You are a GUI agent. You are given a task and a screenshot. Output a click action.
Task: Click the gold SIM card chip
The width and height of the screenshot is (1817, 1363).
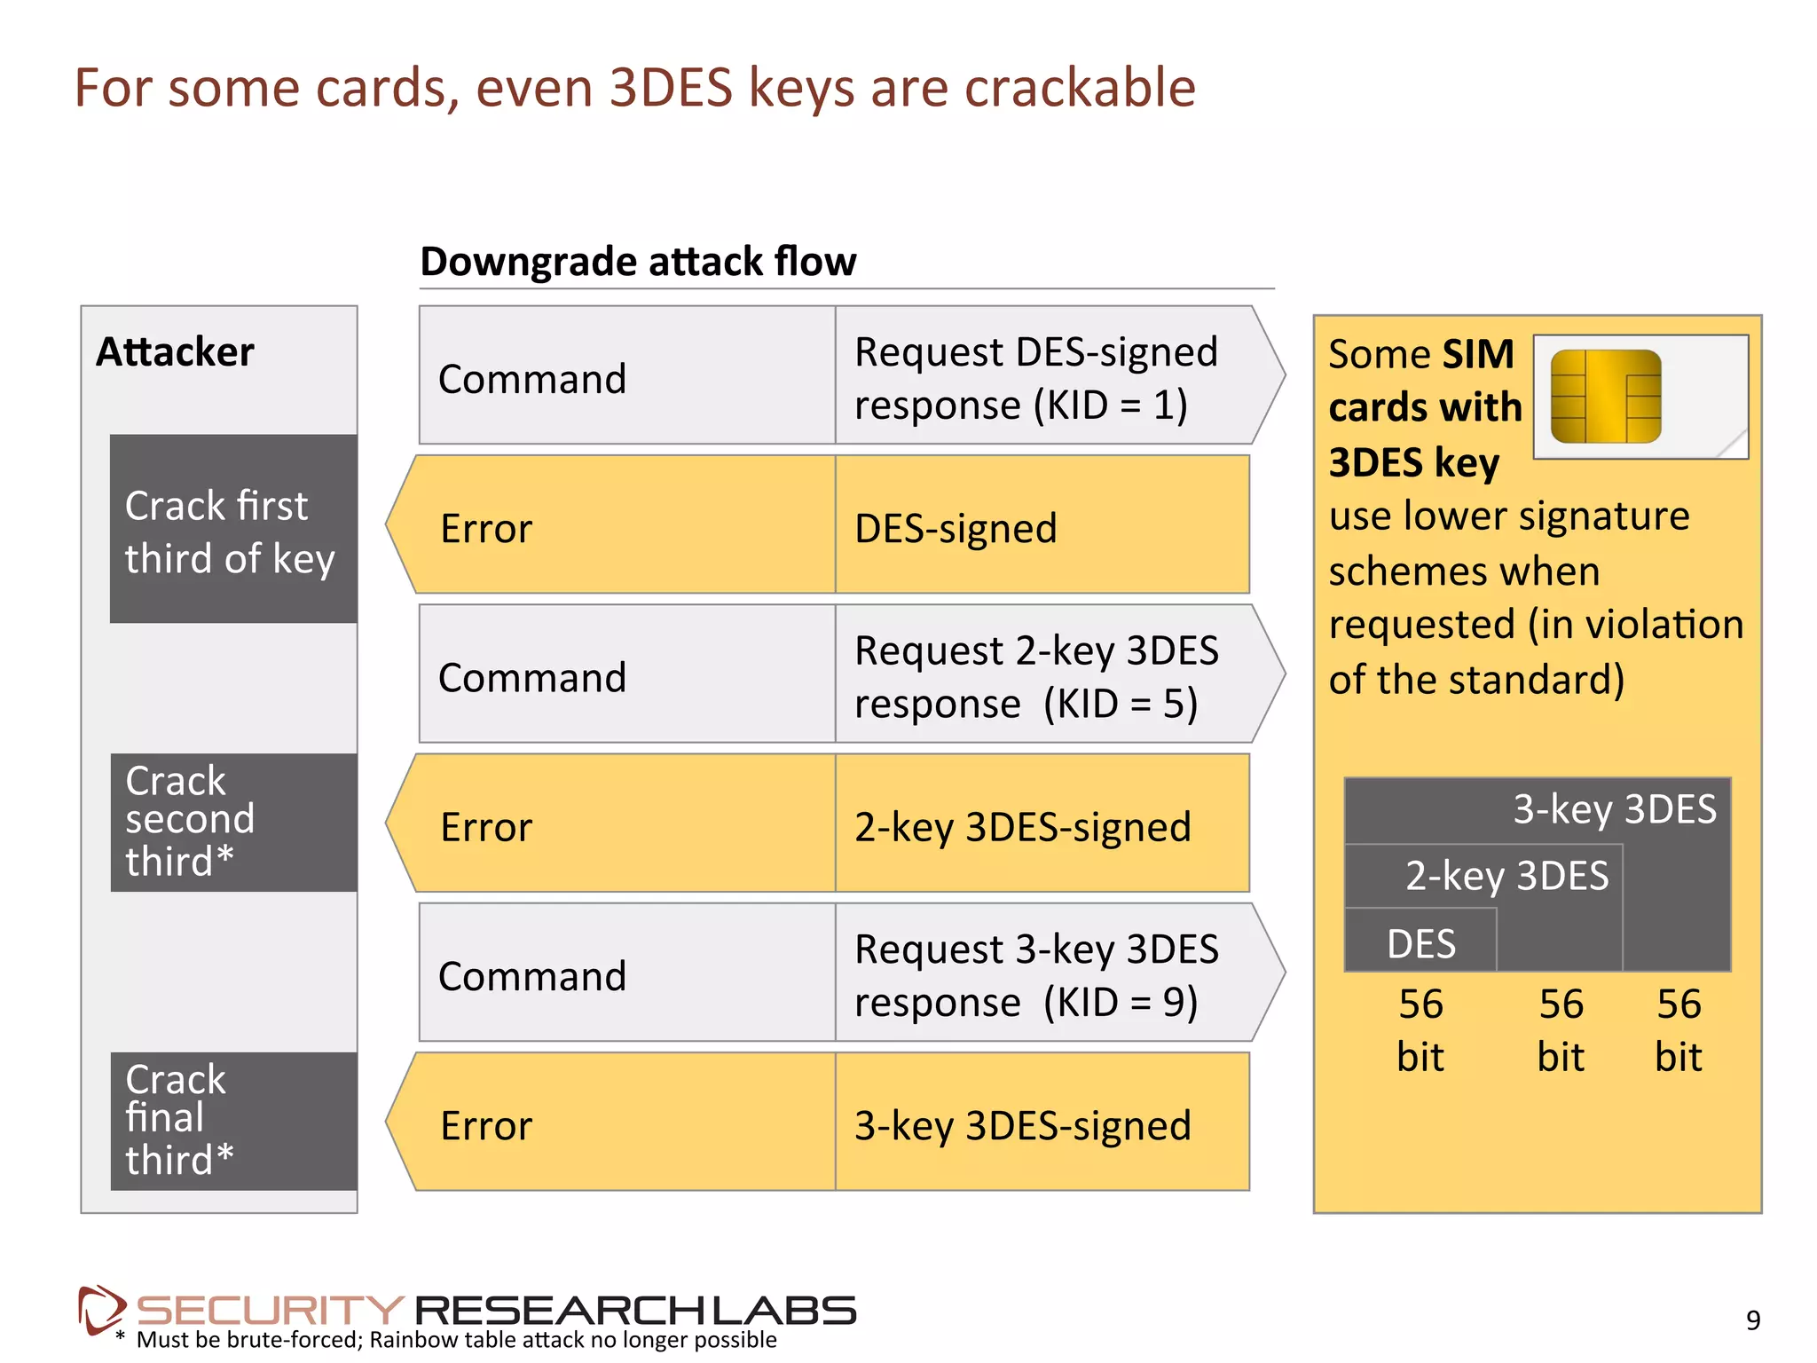pos(1605,396)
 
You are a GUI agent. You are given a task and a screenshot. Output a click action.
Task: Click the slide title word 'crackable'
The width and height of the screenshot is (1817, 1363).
pos(1080,88)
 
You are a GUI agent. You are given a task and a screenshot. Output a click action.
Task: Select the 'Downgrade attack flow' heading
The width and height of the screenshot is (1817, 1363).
pos(638,262)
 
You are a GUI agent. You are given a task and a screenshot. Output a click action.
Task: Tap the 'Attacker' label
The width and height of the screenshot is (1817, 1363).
pos(175,352)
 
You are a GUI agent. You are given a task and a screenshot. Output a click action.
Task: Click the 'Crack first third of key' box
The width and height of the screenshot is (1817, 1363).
pos(232,530)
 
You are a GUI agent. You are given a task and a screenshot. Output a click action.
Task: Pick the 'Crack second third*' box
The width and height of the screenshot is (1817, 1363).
pos(232,823)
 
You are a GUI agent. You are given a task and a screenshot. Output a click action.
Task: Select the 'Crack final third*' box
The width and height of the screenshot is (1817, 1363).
pos(232,1121)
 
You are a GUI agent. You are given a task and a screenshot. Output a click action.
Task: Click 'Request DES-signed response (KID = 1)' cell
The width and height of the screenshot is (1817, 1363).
pos(1042,377)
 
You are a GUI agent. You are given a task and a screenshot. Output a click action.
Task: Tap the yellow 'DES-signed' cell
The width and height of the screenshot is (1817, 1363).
pos(1042,528)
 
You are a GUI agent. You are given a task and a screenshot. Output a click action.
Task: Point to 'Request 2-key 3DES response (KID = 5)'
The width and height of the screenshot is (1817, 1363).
pos(1042,676)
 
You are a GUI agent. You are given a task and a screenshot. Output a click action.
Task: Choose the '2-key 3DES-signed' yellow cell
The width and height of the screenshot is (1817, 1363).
pos(1042,826)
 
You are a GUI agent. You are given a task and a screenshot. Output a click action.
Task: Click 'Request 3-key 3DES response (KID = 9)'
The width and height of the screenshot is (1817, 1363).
pos(1042,974)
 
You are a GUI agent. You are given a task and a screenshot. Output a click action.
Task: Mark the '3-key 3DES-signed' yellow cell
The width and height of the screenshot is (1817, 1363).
pos(1042,1125)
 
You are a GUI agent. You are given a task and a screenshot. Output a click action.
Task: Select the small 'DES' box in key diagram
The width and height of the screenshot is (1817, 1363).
pos(1420,942)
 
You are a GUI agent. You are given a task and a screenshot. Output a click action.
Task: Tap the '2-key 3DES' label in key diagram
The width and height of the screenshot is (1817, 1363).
pos(1506,876)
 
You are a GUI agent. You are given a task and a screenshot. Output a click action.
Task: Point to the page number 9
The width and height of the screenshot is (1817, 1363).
pos(1752,1320)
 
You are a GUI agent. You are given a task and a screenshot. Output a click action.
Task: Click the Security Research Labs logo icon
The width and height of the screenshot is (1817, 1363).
pos(100,1309)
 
